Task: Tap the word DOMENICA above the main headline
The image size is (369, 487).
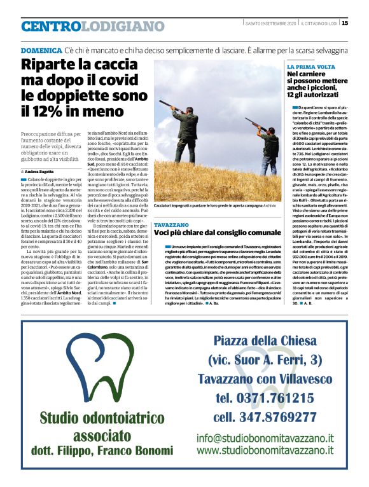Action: (41, 50)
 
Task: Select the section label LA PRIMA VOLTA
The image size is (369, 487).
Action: (311, 67)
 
